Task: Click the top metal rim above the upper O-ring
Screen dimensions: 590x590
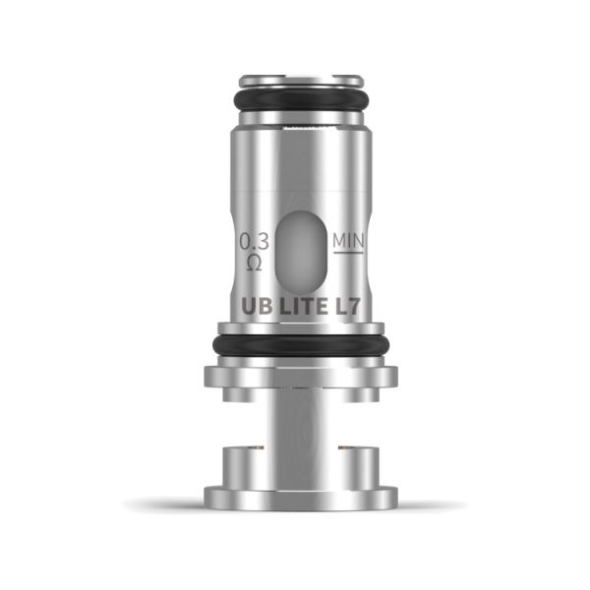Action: (295, 79)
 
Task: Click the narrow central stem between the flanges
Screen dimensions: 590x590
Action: (295, 433)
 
